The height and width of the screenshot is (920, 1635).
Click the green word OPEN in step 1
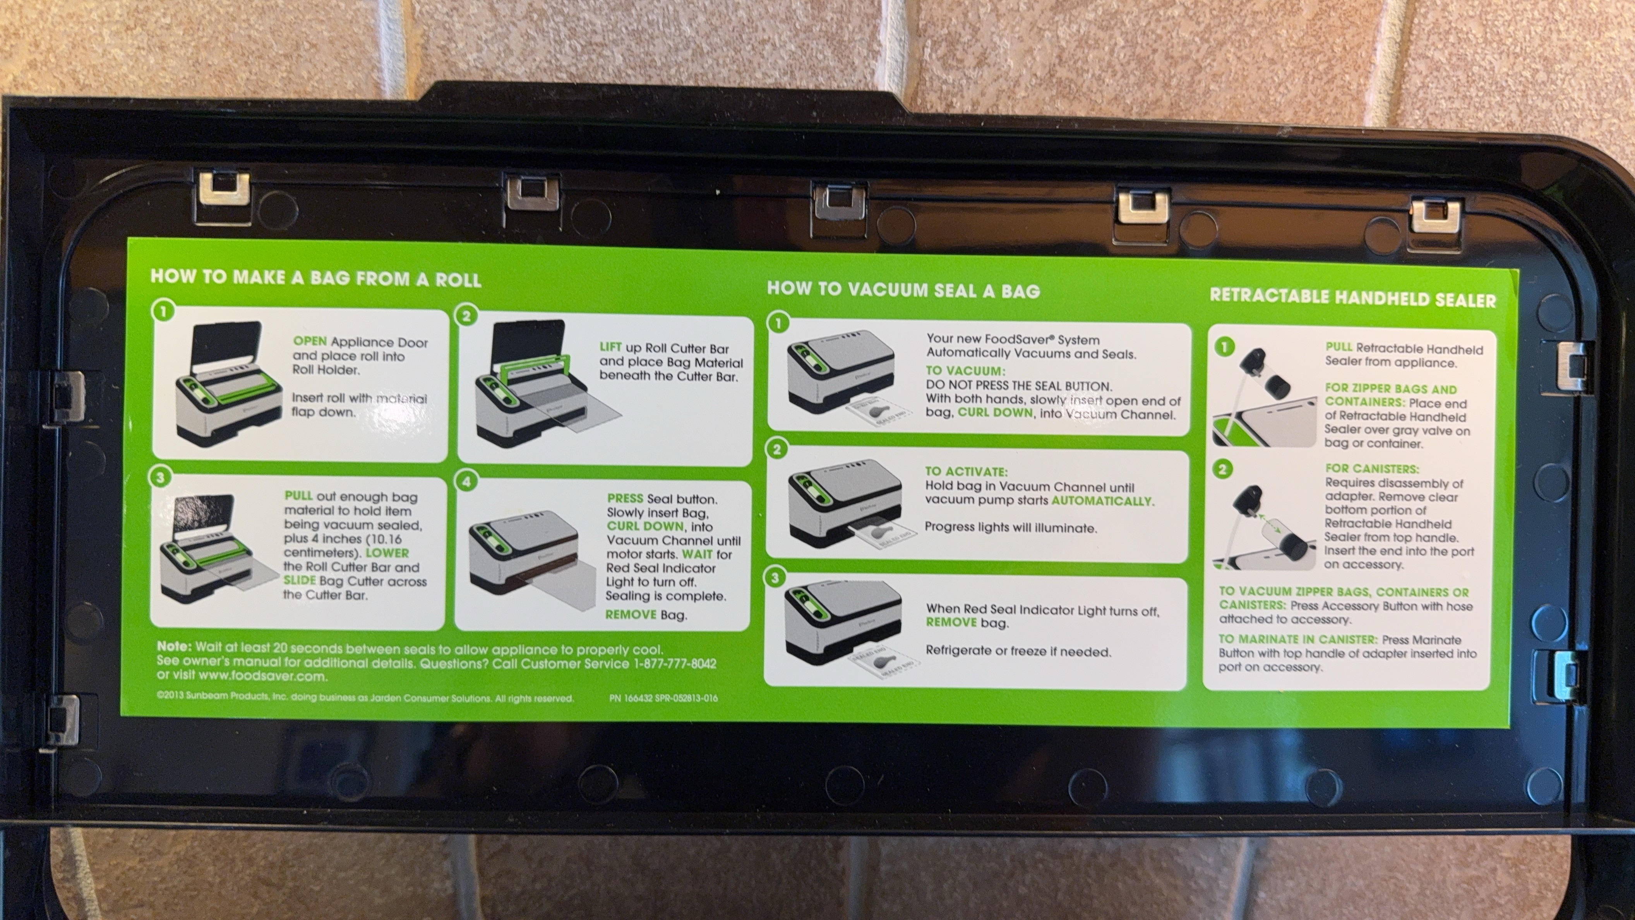(310, 342)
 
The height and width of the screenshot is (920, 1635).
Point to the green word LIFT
(610, 347)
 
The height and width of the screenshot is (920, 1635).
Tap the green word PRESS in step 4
(625, 498)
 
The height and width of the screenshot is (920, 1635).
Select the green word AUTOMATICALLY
(1102, 501)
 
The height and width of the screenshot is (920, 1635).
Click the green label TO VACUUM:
(965, 371)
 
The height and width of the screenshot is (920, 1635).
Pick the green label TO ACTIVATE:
(966, 472)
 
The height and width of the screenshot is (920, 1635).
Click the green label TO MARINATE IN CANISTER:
(1298, 639)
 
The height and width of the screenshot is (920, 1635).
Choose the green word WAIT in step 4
(697, 554)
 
